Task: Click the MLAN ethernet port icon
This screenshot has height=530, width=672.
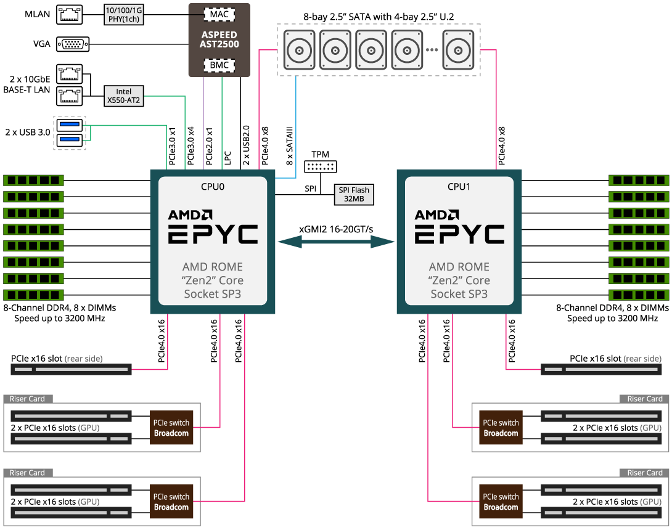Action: point(70,15)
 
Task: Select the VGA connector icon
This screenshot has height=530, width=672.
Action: point(73,44)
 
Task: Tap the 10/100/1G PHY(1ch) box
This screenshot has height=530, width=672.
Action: point(124,15)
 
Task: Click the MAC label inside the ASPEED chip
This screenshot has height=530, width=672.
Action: point(219,15)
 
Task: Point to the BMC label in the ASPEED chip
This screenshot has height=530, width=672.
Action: point(219,65)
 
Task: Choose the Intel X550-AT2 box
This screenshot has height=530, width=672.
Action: point(124,96)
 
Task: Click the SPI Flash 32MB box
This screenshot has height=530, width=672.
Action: point(354,195)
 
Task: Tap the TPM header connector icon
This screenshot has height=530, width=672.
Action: point(321,166)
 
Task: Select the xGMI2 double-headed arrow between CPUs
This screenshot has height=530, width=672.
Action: point(337,242)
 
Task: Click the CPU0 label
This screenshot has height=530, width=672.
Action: point(213,187)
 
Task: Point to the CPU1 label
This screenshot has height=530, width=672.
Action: point(459,187)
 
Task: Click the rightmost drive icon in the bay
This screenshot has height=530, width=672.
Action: point(458,50)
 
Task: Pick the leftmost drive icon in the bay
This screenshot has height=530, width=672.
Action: point(299,50)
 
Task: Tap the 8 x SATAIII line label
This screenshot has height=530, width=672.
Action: point(290,145)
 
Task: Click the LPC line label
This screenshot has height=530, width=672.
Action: point(227,158)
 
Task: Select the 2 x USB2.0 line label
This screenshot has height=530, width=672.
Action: point(246,145)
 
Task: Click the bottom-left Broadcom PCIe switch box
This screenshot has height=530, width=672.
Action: point(171,501)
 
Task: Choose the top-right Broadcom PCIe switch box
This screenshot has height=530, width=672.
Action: point(501,428)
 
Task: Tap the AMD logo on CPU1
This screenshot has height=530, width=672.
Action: point(436,214)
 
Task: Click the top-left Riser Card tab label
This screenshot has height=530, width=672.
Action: point(27,399)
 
